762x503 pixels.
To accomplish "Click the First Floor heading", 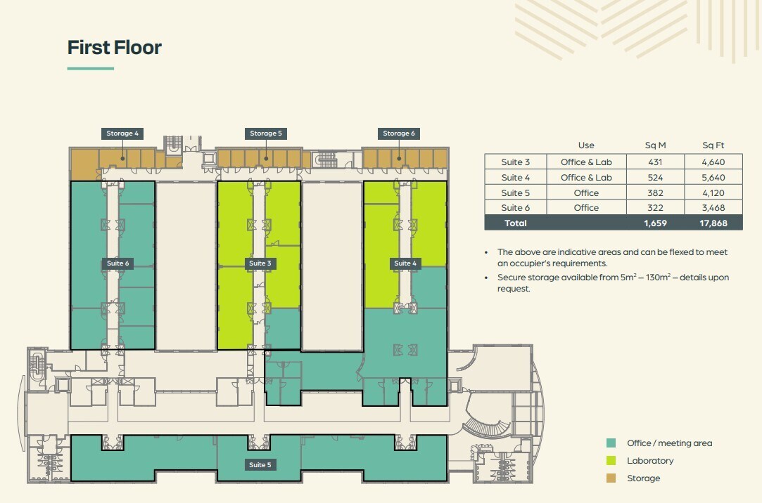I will pos(115,48).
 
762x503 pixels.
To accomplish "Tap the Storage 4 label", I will pos(122,133).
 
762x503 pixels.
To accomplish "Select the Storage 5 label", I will pos(266,133).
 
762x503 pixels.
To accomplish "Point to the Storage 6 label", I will pos(399,133).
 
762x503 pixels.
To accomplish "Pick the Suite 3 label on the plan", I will pos(259,263).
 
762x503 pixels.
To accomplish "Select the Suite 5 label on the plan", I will pos(259,464).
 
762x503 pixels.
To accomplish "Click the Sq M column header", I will pos(655,145).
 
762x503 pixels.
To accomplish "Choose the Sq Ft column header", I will pos(713,145).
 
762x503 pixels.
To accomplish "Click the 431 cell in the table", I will pos(655,162).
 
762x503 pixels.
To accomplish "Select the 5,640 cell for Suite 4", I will pos(713,178).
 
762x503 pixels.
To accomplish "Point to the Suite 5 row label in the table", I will pos(516,192).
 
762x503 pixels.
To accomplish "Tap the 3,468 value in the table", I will pos(713,208).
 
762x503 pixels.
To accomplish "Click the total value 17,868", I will pos(713,223).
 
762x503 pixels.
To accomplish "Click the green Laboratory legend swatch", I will pos(611,461).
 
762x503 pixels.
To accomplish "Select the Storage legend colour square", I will pos(611,478).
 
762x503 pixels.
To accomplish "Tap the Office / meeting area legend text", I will pos(669,443).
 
